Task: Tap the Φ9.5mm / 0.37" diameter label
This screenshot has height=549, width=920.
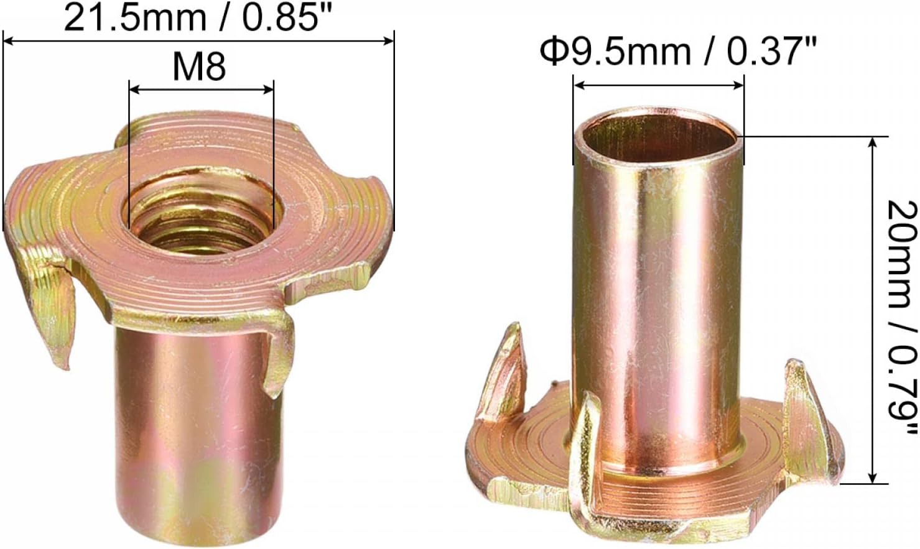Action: click(677, 51)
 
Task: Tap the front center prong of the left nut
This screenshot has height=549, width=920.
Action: click(277, 354)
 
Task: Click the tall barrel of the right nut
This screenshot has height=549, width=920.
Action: click(658, 298)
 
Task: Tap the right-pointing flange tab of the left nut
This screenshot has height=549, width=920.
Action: click(336, 280)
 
